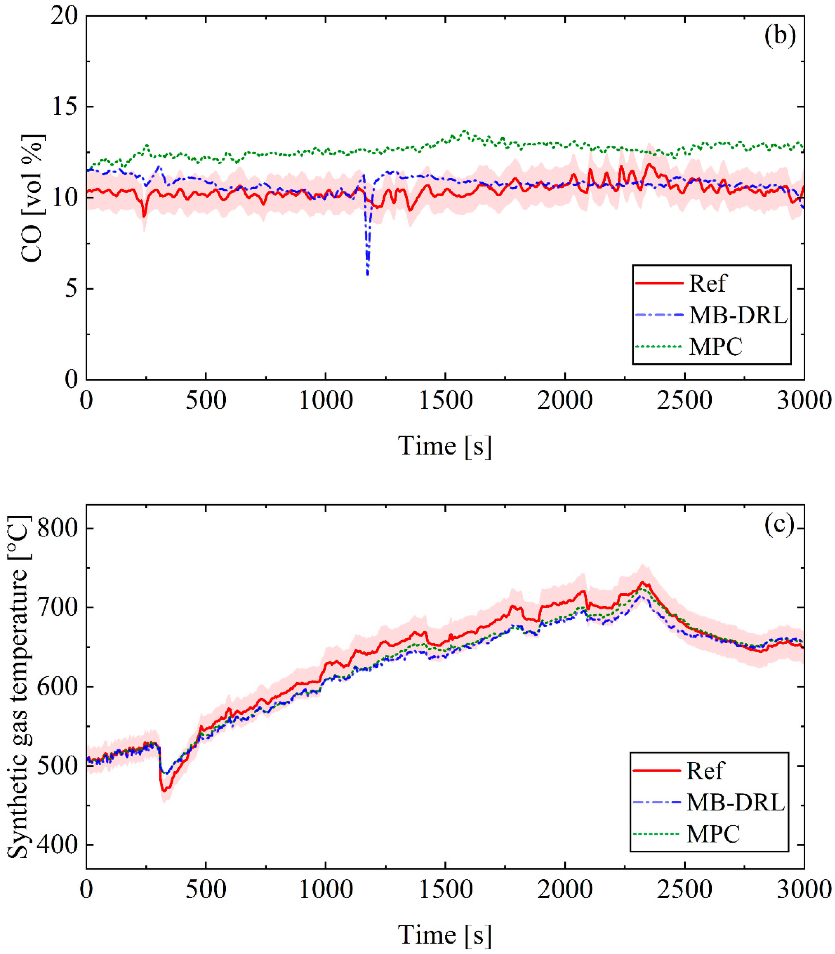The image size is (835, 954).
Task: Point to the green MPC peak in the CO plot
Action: pos(464,131)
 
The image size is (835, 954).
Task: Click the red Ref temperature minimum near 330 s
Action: pos(164,791)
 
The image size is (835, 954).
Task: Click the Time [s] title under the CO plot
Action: pos(444,446)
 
